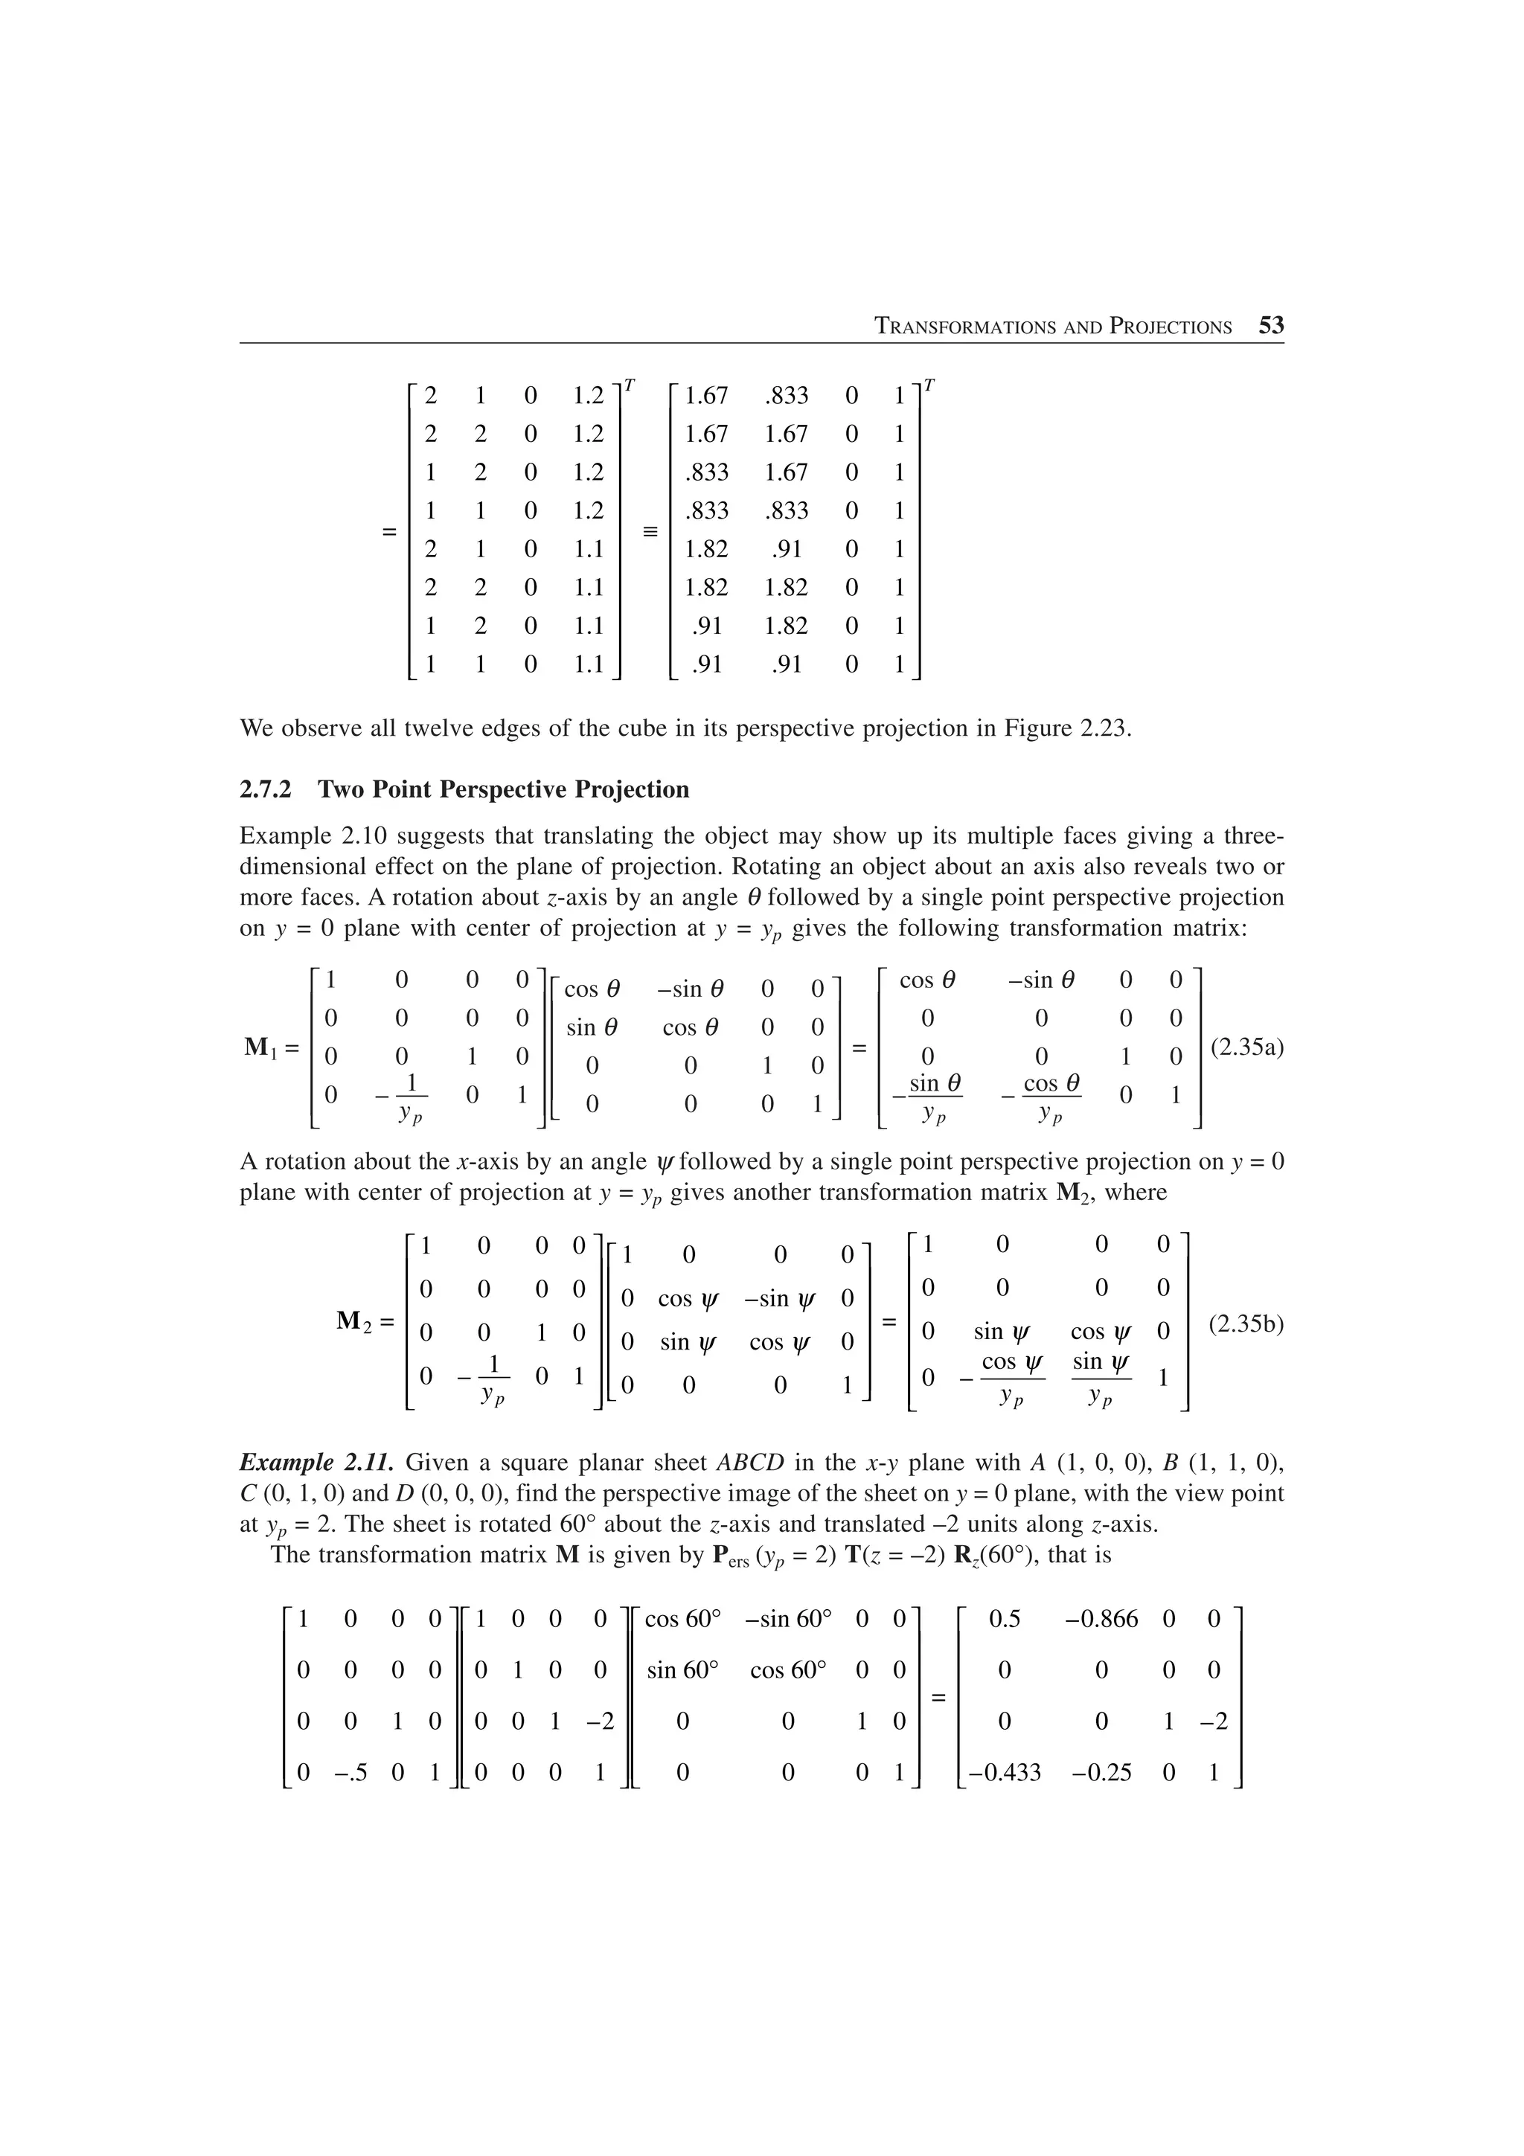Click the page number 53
tap(1270, 326)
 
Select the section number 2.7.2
tap(266, 790)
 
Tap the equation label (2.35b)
tap(1246, 1325)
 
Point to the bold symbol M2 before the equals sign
tap(357, 1322)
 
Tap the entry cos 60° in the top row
tap(682, 1618)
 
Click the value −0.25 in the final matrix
tap(1101, 1773)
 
